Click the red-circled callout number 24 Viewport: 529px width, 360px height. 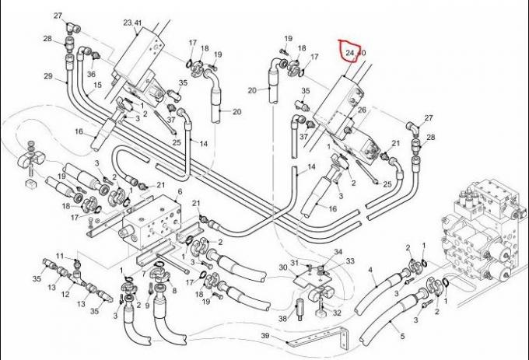pyautogui.click(x=350, y=53)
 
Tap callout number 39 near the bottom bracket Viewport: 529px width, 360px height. pyautogui.click(x=264, y=335)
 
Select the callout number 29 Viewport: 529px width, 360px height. pyautogui.click(x=48, y=76)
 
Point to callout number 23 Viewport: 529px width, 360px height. pyautogui.click(x=127, y=23)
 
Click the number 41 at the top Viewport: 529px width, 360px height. pyautogui.click(x=138, y=23)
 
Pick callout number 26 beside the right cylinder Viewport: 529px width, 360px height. pyautogui.click(x=362, y=110)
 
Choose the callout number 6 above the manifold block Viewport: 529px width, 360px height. pyautogui.click(x=180, y=192)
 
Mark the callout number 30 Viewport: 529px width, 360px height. pyautogui.click(x=282, y=268)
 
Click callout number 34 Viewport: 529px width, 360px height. pyautogui.click(x=338, y=253)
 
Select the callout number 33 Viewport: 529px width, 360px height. pyautogui.click(x=350, y=261)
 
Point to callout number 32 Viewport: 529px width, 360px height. pyautogui.click(x=337, y=313)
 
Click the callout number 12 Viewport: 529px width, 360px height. pyautogui.click(x=65, y=295)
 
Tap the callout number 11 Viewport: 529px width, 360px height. pyautogui.click(x=58, y=256)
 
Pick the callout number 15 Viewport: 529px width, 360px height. pyautogui.click(x=98, y=86)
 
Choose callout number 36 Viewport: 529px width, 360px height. pyautogui.click(x=91, y=74)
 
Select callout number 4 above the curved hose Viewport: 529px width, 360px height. pyautogui.click(x=370, y=271)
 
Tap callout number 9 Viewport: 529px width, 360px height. pyautogui.click(x=147, y=306)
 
